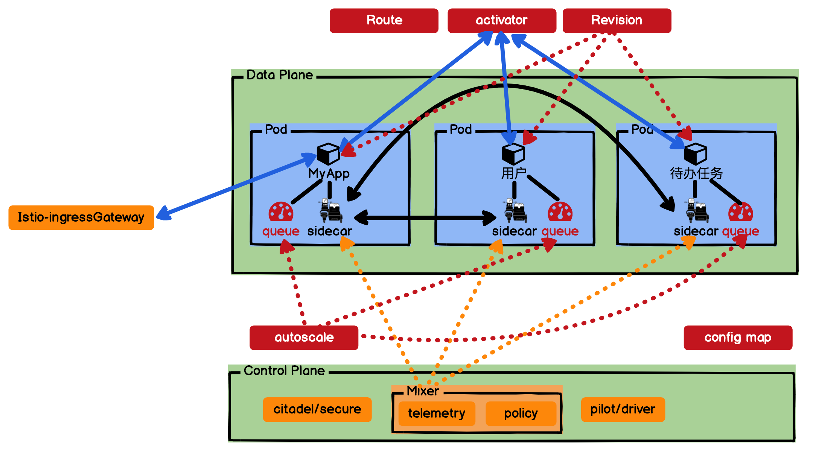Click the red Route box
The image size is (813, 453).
pos(384,21)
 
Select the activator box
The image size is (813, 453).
pos(501,21)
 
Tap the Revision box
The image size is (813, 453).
pos(617,21)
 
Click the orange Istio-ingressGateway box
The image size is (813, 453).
pos(81,217)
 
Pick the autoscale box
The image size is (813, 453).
pos(304,337)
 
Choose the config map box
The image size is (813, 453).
pos(738,337)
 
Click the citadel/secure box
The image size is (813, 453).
pos(317,409)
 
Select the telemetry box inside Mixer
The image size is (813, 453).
pos(437,413)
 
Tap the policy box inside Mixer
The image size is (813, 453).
pos(521,413)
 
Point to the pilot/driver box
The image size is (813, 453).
pos(623,409)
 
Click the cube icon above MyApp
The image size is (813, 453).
pos(328,154)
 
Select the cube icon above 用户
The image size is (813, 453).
pos(513,154)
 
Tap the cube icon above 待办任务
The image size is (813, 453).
pos(696,154)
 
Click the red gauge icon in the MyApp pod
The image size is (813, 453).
pos(281,212)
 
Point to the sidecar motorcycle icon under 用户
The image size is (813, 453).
pos(515,211)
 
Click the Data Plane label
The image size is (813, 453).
pos(280,75)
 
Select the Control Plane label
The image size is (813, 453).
pos(284,371)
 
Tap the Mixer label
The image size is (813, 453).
pos(423,391)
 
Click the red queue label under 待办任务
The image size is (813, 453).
pos(740,231)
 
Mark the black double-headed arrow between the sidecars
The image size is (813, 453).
pos(425,217)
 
